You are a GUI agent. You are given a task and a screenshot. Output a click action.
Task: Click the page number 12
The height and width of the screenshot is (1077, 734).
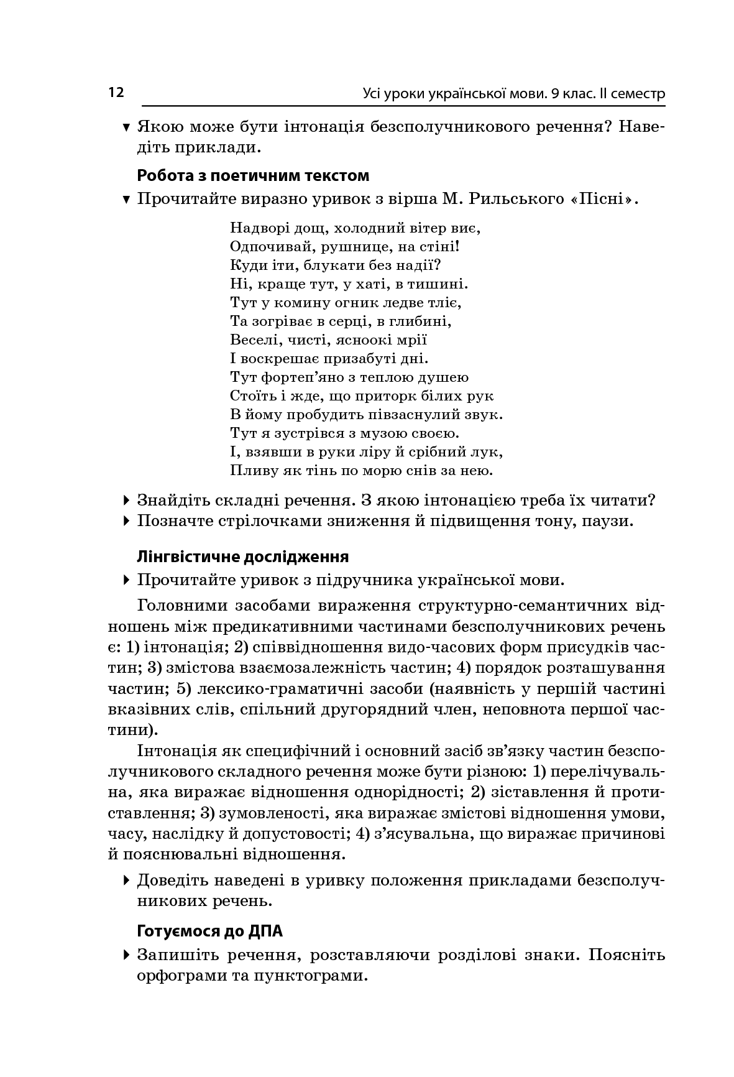tap(116, 93)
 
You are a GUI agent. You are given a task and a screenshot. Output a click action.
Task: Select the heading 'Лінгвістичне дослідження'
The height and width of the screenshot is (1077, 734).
tap(242, 557)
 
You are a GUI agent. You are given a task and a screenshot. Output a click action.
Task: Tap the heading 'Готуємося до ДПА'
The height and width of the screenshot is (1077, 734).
tap(209, 931)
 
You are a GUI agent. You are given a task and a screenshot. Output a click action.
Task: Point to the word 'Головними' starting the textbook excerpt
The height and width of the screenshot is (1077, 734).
tap(180, 605)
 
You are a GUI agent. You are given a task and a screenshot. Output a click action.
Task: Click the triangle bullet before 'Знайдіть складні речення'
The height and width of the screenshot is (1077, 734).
tap(127, 500)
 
